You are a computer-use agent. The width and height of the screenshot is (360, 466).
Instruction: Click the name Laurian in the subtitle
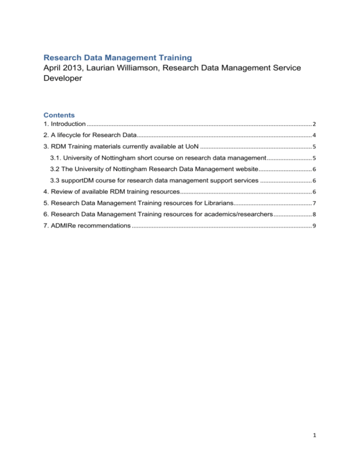coord(113,69)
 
